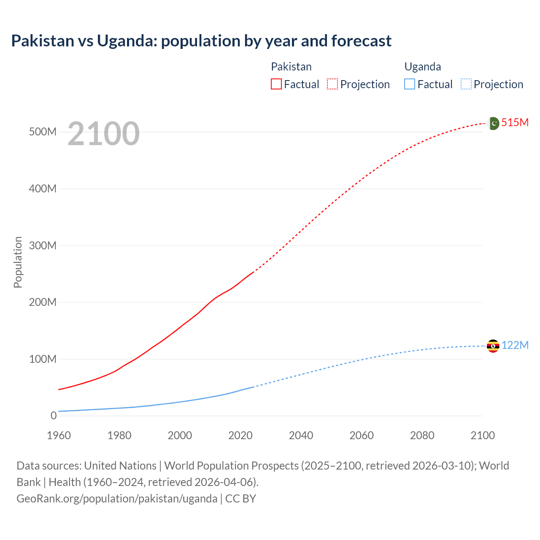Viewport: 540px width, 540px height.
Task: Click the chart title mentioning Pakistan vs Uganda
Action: pos(201,41)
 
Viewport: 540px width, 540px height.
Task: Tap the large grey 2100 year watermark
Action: pos(103,134)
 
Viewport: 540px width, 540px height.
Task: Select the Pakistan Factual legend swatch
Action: pos(276,84)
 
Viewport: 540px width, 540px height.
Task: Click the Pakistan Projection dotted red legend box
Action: pos(332,84)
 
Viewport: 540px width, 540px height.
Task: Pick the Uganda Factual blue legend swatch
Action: pos(409,84)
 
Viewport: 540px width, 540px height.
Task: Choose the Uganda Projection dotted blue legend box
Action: pos(466,84)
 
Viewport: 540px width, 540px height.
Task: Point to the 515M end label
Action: pos(515,122)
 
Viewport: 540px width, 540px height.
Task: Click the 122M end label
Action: pos(515,345)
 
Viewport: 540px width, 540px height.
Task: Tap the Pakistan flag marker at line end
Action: pos(493,123)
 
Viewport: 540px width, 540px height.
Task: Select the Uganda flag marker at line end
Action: pos(493,346)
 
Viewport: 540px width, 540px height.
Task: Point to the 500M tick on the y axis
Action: pos(43,132)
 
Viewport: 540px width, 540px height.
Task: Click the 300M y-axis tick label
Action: pos(43,246)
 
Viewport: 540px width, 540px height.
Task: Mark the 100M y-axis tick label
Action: pos(43,359)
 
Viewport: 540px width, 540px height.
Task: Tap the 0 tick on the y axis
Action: pos(53,416)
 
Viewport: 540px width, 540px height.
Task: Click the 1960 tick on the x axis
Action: pos(59,435)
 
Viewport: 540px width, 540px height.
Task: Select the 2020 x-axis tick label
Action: pos(240,435)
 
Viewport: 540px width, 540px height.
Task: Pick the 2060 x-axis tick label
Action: pos(361,435)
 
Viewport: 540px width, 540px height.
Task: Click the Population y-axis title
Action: pos(18,262)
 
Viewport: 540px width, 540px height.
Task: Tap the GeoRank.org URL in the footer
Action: pos(117,498)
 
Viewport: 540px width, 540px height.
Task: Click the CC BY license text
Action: pos(240,498)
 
